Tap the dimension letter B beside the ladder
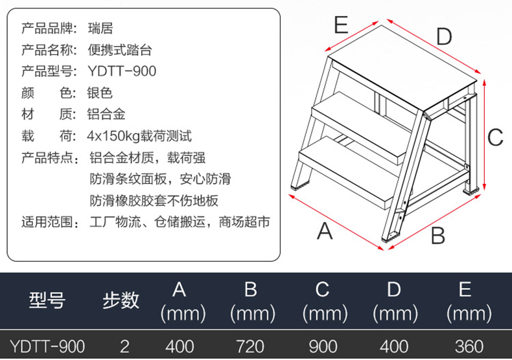pyautogui.click(x=438, y=235)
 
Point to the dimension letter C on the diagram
pyautogui.click(x=495, y=137)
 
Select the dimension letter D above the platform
pyautogui.click(x=443, y=37)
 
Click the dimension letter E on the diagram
pyautogui.click(x=341, y=25)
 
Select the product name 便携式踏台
pyautogui.click(x=119, y=50)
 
